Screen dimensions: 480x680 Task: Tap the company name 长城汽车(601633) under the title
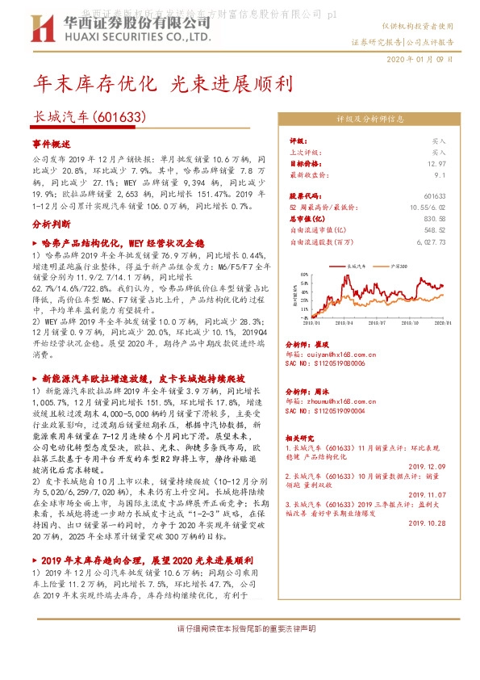click(x=88, y=116)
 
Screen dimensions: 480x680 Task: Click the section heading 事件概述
click(x=52, y=141)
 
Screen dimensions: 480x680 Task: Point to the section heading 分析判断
click(x=52, y=224)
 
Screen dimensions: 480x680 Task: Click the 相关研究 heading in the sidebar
click(x=303, y=435)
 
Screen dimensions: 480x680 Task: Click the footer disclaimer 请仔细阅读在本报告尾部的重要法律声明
click(x=245, y=628)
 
